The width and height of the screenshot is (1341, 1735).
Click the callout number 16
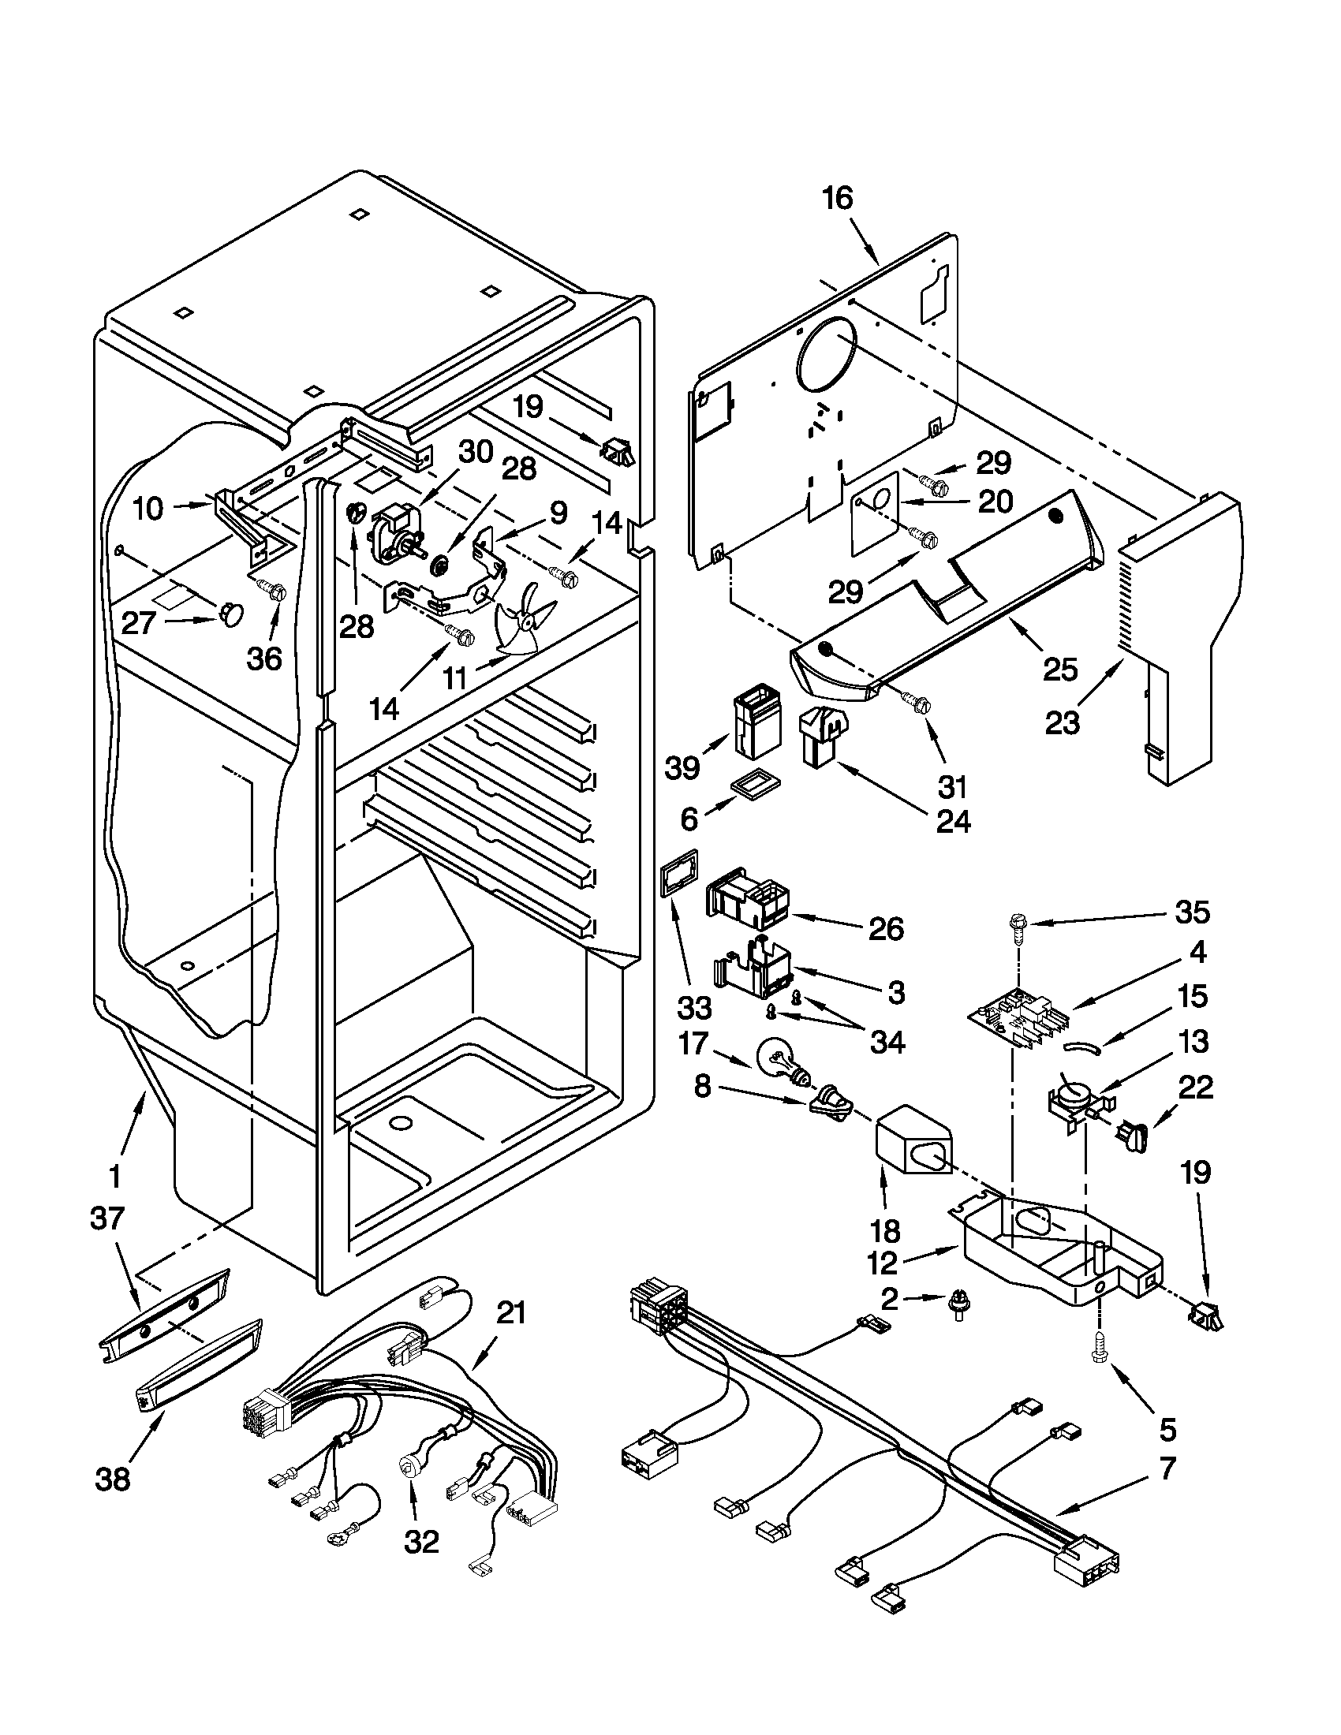point(837,199)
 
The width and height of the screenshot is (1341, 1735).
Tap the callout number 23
point(1064,723)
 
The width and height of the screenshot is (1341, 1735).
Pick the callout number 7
point(1166,1469)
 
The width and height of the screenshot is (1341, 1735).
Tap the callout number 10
point(148,508)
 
